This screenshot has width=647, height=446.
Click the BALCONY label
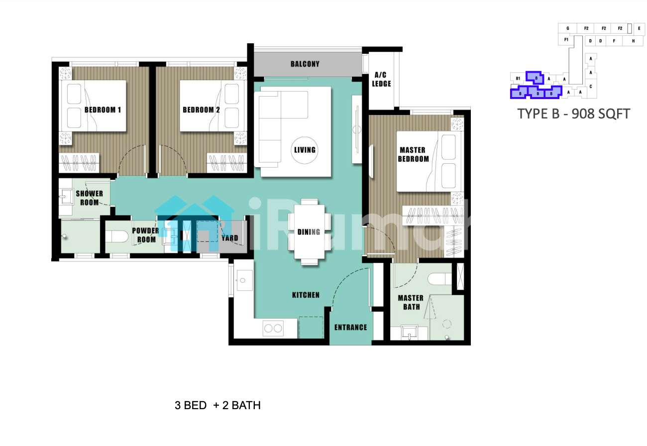305,64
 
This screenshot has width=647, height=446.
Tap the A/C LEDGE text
381,79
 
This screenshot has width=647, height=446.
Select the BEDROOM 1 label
103,110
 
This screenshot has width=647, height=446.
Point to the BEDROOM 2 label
201,110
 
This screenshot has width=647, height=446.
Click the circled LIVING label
305,150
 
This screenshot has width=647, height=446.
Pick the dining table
310,231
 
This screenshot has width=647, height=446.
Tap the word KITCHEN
306,295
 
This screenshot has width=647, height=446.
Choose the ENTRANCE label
351,327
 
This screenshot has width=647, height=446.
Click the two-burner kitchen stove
273,328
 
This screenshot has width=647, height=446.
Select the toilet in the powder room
116,236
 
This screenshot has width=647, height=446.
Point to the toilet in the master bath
439,279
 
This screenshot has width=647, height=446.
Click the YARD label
230,238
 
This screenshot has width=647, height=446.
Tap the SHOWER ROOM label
89,198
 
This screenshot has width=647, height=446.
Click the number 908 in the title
582,114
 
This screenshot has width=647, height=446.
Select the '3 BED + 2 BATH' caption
217,405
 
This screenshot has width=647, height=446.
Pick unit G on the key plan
567,28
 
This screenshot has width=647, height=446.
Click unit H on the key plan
633,41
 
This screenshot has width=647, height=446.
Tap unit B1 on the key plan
518,78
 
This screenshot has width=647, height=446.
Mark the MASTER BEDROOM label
413,154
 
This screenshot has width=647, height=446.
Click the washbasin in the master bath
409,332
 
